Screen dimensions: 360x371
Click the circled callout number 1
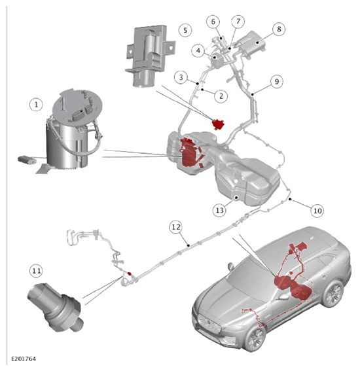(x=36, y=105)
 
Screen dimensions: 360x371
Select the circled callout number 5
(x=185, y=30)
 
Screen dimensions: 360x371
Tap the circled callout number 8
(x=279, y=29)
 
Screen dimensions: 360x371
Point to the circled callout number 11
(x=36, y=270)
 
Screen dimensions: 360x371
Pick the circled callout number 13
(x=220, y=210)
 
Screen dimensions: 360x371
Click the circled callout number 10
(x=317, y=210)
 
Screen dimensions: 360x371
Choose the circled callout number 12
(x=176, y=227)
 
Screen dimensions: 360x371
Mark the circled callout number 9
(x=277, y=82)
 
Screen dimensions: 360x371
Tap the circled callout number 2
(x=221, y=96)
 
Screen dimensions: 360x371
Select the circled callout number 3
(x=181, y=77)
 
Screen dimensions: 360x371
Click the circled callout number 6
(x=213, y=22)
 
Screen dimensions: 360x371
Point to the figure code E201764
(x=24, y=359)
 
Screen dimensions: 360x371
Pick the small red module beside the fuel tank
(x=218, y=124)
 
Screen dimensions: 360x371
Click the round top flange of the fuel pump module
(x=77, y=106)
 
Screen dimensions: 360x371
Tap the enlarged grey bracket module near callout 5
(x=150, y=56)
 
